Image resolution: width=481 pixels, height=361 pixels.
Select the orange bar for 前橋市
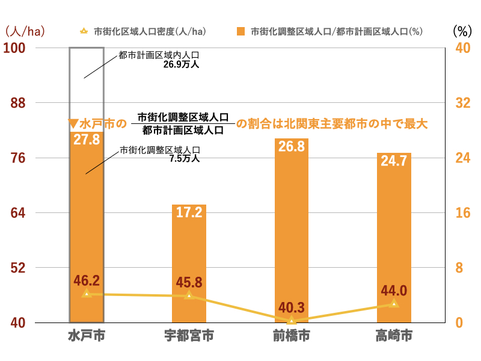click(292, 229)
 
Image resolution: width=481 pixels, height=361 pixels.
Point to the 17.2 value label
click(189, 212)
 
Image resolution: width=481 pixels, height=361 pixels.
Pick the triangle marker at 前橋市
click(292, 321)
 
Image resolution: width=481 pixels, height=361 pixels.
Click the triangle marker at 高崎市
click(394, 304)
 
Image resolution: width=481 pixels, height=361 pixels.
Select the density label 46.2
click(87, 280)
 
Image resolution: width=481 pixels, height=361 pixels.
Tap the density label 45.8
click(189, 282)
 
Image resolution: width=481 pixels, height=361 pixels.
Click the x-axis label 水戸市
click(87, 336)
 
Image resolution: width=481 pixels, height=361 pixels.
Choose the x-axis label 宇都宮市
click(189, 336)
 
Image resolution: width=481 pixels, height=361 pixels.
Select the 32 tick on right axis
click(461, 103)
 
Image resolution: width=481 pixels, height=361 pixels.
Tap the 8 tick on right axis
click(461, 268)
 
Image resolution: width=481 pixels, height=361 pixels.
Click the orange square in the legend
click(241, 31)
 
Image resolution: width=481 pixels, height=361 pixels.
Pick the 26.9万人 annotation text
click(186, 63)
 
